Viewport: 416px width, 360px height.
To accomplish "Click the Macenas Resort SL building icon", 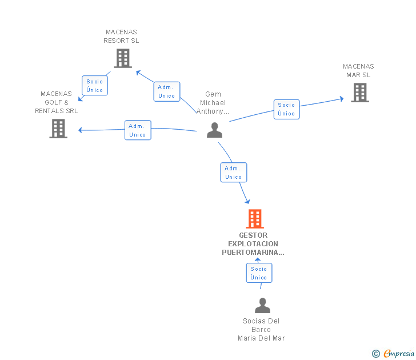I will click(122, 58).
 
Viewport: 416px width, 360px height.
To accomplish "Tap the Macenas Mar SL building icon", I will click(359, 93).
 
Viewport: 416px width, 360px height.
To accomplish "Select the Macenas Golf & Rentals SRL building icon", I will click(58, 129).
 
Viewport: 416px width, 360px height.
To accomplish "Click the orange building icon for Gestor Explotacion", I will click(255, 219).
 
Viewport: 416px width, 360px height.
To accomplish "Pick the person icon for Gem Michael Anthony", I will click(214, 130).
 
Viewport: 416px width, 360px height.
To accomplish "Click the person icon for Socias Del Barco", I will click(262, 306).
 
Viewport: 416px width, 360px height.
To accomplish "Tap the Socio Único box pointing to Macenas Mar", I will click(286, 109).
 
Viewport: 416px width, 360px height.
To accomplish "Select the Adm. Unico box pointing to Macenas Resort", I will click(167, 91).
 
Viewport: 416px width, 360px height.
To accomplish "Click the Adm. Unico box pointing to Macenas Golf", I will click(138, 130).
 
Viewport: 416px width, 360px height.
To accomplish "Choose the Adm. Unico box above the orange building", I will click(233, 173).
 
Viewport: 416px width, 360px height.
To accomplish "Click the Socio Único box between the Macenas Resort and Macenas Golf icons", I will click(95, 86).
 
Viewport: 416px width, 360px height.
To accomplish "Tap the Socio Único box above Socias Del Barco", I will click(259, 273).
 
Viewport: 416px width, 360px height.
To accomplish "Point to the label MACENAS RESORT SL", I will click(121, 37).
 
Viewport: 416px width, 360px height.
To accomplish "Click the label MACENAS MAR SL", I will click(358, 71).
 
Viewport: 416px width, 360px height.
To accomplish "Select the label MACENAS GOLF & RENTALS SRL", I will click(57, 102).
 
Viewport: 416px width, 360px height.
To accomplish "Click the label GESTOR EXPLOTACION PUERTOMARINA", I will click(253, 243).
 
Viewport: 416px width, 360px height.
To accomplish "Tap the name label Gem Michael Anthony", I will click(213, 103).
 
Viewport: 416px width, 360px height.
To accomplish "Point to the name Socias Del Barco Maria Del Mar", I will click(261, 330).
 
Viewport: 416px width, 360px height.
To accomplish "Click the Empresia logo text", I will click(398, 354).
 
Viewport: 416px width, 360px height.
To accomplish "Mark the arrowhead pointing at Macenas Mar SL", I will click(341, 99).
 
